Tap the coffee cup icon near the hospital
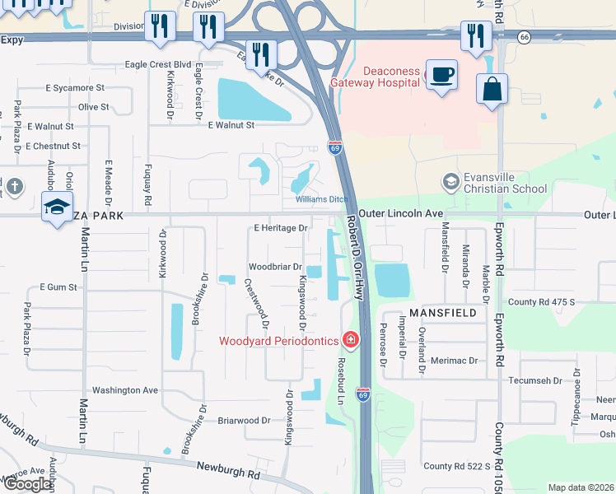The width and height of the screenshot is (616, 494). pos(441,75)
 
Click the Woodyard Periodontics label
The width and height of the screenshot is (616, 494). pos(278,341)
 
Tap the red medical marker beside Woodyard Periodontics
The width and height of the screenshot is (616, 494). pos(351,339)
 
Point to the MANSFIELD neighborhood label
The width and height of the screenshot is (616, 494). pos(442,314)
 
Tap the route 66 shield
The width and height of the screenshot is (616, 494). pos(524,37)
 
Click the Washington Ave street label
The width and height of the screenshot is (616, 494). pos(124,390)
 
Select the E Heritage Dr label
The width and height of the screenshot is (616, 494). pos(281,227)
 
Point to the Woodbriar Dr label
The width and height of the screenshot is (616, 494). pos(275,267)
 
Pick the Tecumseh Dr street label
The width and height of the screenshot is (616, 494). pos(534,381)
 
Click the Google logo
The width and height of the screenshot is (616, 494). pos(26,484)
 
